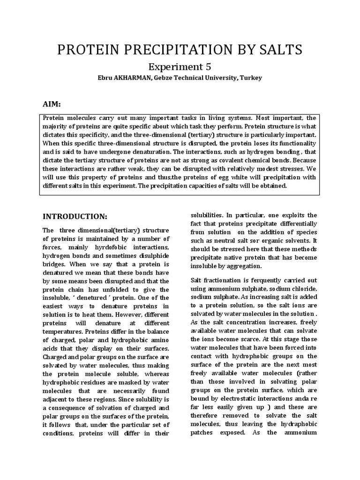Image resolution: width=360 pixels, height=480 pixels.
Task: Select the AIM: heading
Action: click(52, 103)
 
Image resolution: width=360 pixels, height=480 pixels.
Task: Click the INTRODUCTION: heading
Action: click(75, 216)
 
